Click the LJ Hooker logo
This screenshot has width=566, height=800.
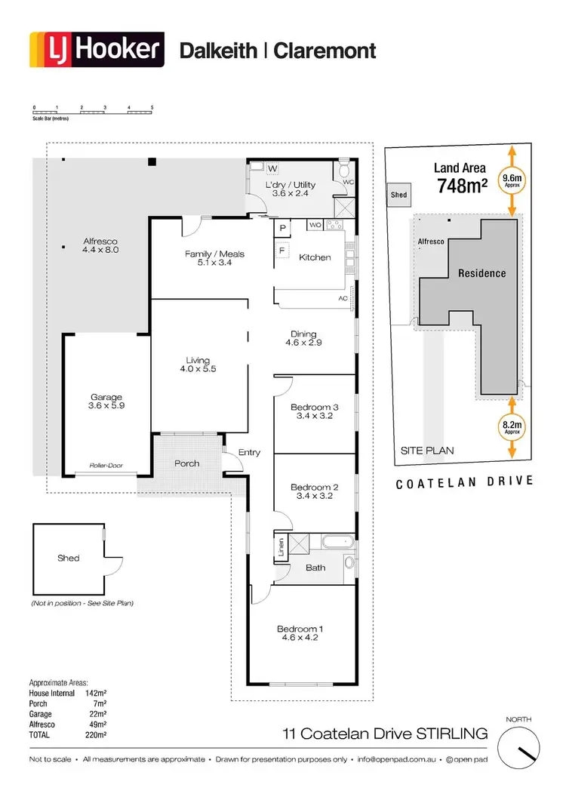(96, 50)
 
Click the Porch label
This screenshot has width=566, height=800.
(186, 463)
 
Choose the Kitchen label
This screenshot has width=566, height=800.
(315, 257)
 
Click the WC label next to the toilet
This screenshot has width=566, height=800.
(348, 182)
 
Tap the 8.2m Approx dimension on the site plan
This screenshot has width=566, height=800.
(512, 428)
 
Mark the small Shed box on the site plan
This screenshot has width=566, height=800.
(398, 195)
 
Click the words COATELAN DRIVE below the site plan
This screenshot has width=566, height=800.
(465, 482)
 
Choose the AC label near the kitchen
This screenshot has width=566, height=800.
(343, 299)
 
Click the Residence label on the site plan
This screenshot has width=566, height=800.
(481, 273)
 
